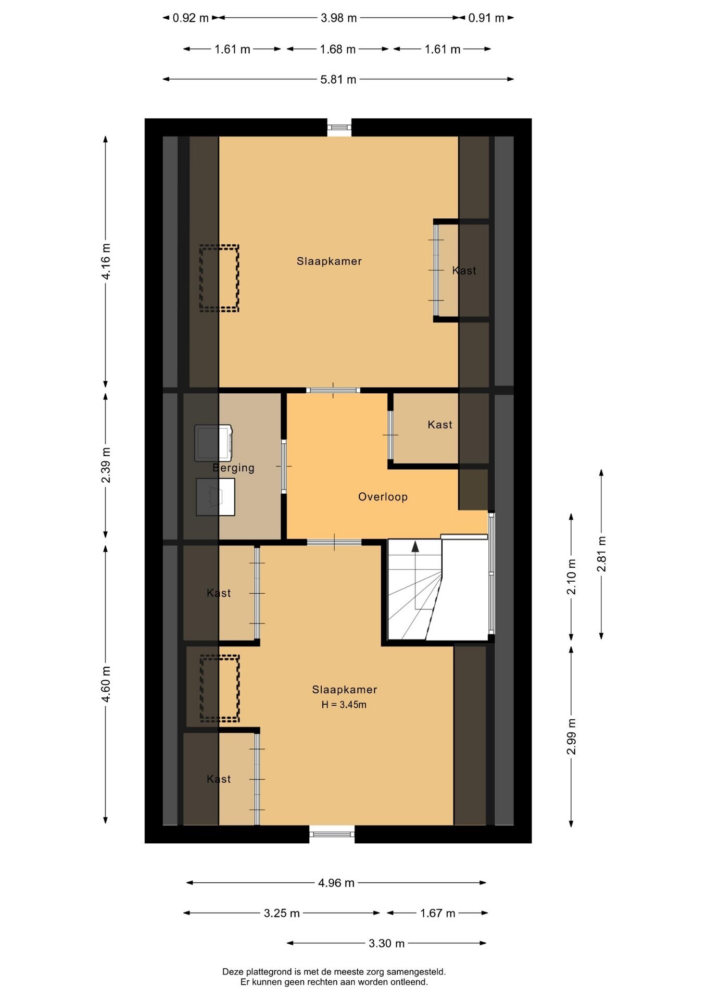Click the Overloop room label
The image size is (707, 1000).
(383, 497)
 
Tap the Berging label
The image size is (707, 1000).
(233, 468)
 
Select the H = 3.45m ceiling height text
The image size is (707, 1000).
(344, 705)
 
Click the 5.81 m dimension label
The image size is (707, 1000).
(338, 80)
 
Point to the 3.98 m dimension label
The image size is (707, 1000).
(339, 18)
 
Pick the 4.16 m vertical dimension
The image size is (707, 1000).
(106, 261)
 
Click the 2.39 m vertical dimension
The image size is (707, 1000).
(106, 465)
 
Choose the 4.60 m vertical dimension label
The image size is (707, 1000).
(106, 684)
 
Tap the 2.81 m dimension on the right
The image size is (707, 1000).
(602, 554)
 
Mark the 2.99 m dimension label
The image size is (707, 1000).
(572, 736)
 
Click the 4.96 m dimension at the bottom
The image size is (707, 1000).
(336, 883)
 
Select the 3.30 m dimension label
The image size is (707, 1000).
(387, 943)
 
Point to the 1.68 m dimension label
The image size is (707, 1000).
(338, 49)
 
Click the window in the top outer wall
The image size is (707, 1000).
(339, 127)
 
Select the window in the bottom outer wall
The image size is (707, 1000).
(332, 834)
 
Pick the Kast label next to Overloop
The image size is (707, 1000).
(440, 425)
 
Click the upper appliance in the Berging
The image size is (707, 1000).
(213, 443)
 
